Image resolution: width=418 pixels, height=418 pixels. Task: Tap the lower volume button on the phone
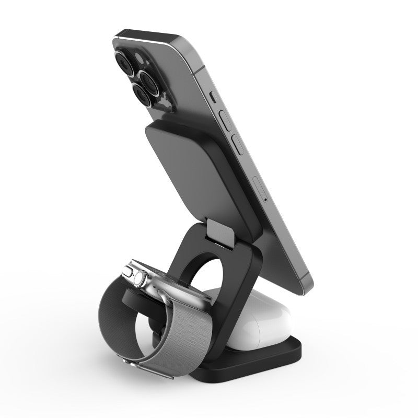pos(237,143)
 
